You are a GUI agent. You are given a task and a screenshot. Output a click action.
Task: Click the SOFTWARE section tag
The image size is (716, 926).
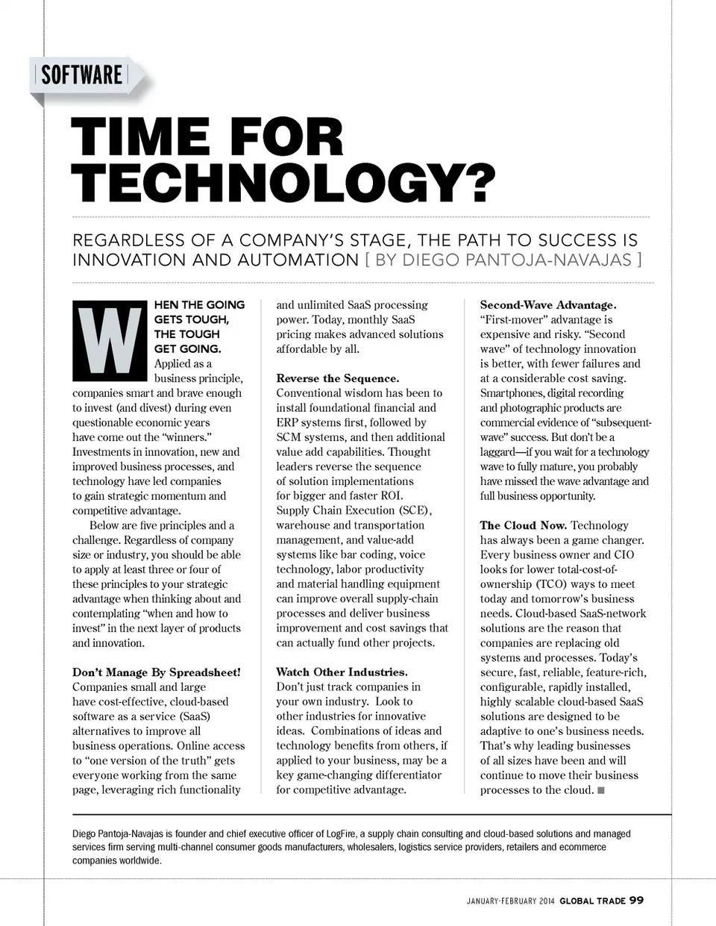coord(81,75)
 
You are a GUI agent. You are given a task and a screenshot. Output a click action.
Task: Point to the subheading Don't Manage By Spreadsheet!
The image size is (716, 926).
coord(157,672)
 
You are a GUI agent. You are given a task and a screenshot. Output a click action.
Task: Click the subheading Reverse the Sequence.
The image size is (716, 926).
coord(337,378)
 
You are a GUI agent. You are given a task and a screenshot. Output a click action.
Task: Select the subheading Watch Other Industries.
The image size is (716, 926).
coord(342,672)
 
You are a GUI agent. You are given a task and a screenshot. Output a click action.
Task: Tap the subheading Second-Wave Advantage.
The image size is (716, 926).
coord(548,305)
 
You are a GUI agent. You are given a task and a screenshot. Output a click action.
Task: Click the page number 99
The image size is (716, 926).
coord(636,900)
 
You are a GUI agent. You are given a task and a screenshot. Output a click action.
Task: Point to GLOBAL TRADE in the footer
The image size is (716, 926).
coord(592,901)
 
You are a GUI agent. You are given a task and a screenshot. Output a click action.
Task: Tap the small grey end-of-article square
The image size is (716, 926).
coord(601,790)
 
